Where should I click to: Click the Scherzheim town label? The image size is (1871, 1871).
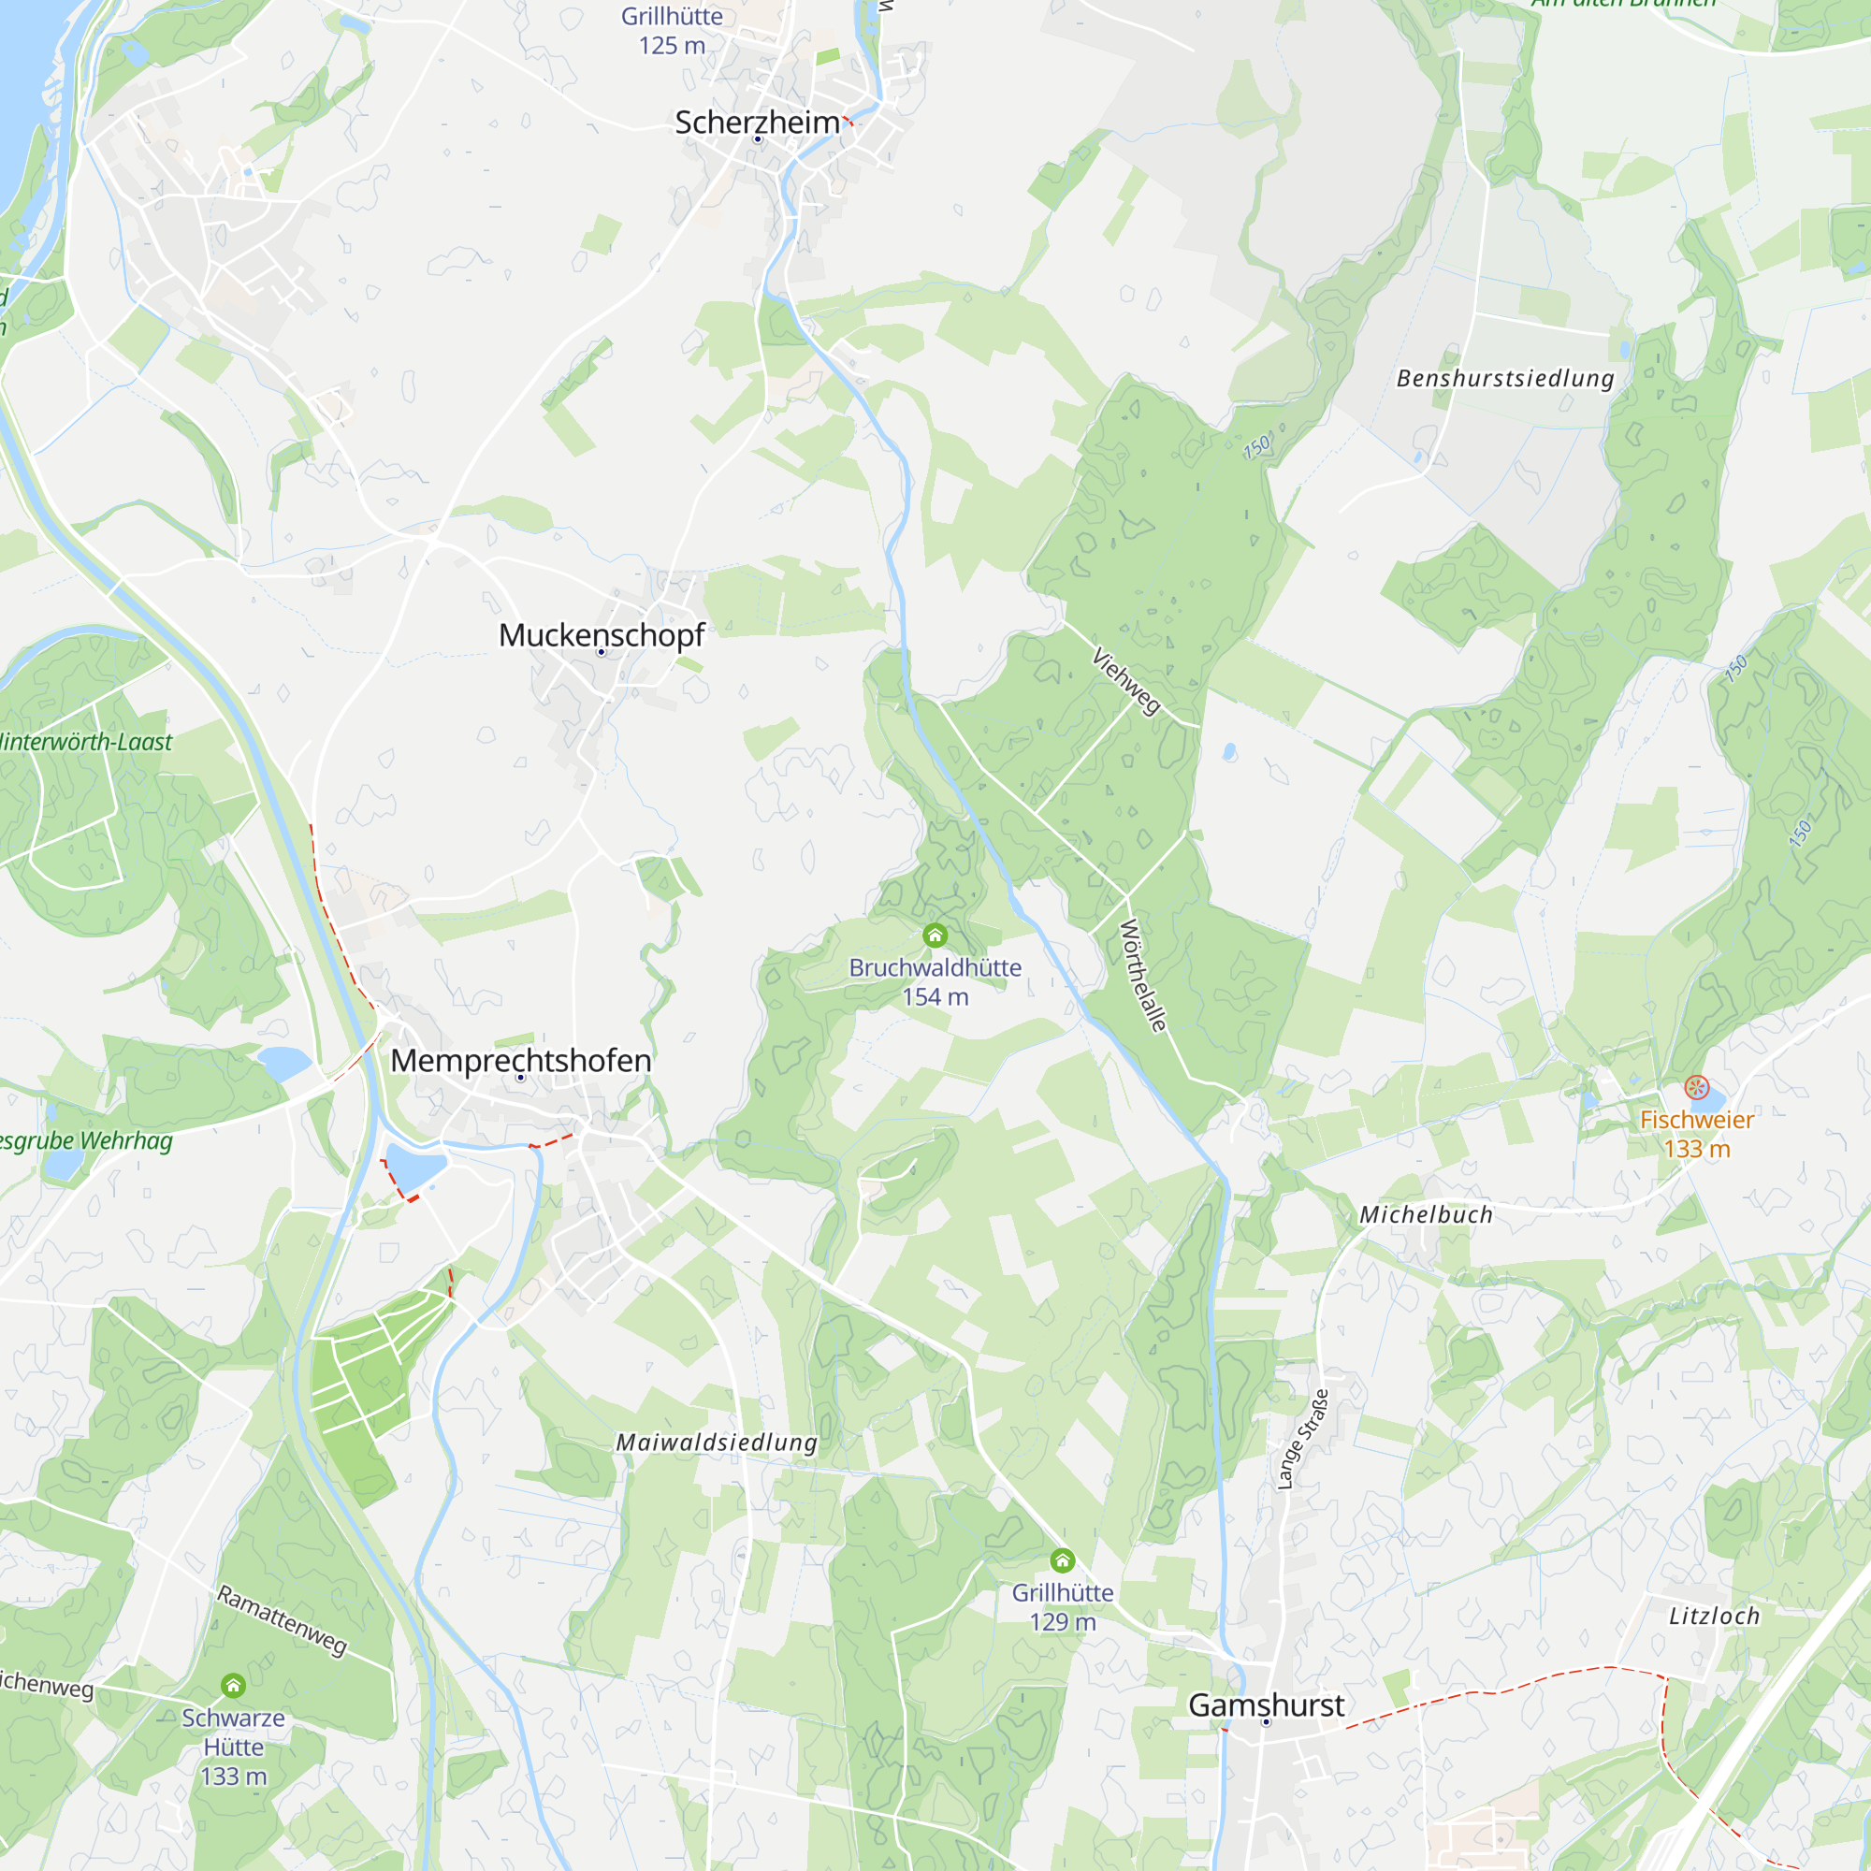[758, 123]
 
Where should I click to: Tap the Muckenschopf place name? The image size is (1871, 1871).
[602, 635]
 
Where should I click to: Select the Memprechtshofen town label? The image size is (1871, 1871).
[520, 1061]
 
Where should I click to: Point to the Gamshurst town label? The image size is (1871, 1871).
[1266, 1705]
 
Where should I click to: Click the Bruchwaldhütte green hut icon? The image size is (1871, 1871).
[935, 935]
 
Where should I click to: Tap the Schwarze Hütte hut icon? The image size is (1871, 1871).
[233, 1686]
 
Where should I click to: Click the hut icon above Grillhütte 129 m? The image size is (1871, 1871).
[1063, 1560]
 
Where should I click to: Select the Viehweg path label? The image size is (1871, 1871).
[1126, 682]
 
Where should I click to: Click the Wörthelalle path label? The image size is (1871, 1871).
[1143, 976]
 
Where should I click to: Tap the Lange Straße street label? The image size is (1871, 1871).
[1302, 1439]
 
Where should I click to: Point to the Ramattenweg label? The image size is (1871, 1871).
[281, 1621]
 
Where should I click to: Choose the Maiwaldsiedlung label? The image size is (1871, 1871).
[717, 1443]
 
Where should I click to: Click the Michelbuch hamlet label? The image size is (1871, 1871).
[1426, 1215]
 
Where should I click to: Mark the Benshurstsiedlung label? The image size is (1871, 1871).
[1505, 379]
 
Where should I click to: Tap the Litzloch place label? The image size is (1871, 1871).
[1714, 1617]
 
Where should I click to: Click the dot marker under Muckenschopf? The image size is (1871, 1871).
[602, 653]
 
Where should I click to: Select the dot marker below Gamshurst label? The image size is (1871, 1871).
[1265, 1723]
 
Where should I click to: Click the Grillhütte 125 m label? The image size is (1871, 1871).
[672, 31]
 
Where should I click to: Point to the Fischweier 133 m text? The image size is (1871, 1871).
[1697, 1134]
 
